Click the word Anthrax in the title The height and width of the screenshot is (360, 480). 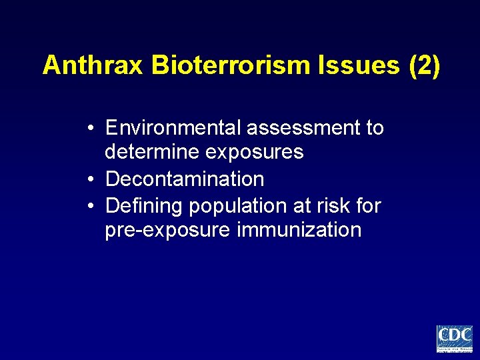pyautogui.click(x=93, y=65)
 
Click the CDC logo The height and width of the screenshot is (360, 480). pyautogui.click(x=454, y=339)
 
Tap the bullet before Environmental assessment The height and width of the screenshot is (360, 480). pyautogui.click(x=91, y=127)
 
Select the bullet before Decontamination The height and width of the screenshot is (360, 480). pyautogui.click(x=91, y=179)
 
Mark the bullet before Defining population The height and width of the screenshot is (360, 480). pyautogui.click(x=91, y=206)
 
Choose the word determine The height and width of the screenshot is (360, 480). pyautogui.click(x=153, y=153)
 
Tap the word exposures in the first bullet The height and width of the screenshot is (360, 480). pyautogui.click(x=255, y=153)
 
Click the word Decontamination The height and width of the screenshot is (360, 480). pyautogui.click(x=185, y=179)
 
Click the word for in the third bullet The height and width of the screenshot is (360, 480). pyautogui.click(x=368, y=206)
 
